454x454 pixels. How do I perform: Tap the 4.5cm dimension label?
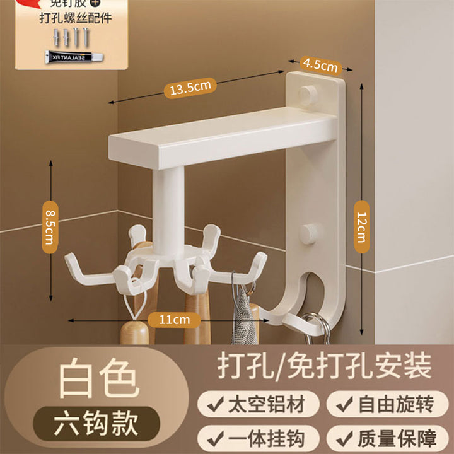click(319, 65)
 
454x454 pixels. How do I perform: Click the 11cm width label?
click(174, 320)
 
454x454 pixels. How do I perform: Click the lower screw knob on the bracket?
click(308, 233)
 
